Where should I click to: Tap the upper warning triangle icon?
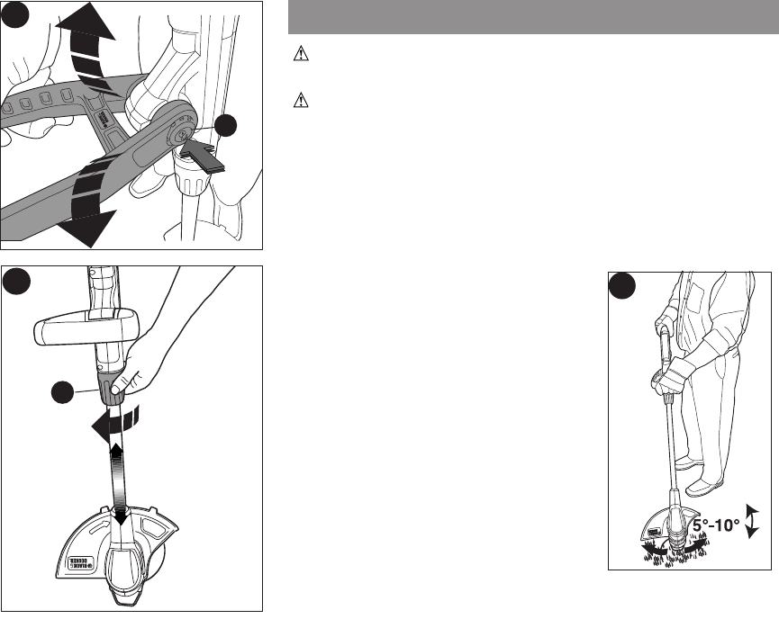click(x=300, y=55)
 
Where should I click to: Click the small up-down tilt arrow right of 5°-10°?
click(x=754, y=520)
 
